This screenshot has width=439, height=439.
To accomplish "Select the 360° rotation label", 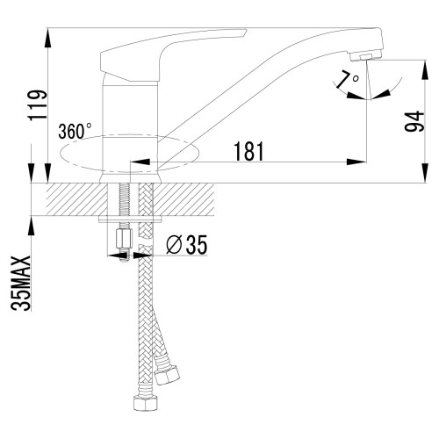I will coord(74,132).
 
